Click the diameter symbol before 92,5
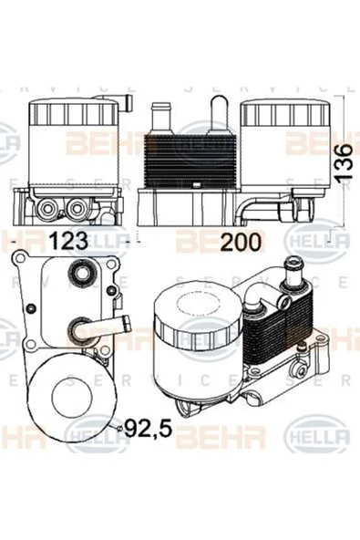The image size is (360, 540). point(120,426)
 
